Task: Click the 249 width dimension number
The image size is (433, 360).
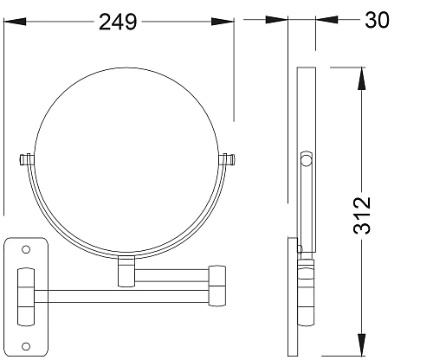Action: coord(118,22)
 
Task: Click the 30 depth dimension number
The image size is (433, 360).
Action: coord(377,20)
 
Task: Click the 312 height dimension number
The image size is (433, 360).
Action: coord(362,215)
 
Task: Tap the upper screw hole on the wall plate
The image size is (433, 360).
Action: coord(26,249)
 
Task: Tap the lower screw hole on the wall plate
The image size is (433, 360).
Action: coord(26,346)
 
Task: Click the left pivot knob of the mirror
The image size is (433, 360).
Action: coord(27,159)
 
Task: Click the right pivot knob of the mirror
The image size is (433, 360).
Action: coord(227,159)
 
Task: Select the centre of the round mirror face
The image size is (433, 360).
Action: coord(126,159)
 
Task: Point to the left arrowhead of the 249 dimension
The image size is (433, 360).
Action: coord(15,22)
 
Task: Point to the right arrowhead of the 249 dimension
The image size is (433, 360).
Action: coord(223,22)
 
